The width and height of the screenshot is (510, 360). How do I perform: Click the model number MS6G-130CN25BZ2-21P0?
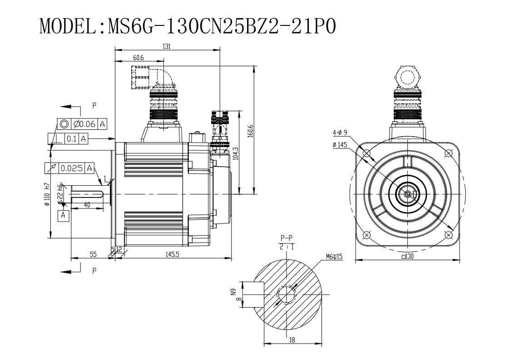click(x=222, y=26)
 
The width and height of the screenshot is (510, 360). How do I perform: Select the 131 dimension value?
click(x=166, y=46)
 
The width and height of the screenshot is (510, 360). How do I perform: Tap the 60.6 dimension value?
click(x=138, y=58)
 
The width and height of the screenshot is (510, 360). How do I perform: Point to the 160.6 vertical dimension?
click(x=250, y=131)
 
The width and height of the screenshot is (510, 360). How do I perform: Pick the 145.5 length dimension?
click(x=172, y=255)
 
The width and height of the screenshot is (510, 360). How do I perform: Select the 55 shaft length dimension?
click(x=93, y=255)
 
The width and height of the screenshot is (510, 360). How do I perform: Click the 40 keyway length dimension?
click(x=87, y=205)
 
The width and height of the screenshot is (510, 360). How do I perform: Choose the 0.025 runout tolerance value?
click(x=71, y=168)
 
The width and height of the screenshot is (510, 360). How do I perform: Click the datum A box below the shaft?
click(x=63, y=215)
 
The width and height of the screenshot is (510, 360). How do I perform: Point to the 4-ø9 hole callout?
click(x=340, y=133)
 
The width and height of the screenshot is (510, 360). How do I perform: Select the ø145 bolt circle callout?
click(x=340, y=145)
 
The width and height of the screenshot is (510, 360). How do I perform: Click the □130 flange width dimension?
click(x=408, y=256)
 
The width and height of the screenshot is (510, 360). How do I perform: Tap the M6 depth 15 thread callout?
click(x=334, y=256)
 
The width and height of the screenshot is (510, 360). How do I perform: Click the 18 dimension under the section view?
click(x=292, y=340)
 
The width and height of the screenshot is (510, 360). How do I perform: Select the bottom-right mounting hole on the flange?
click(x=449, y=235)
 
